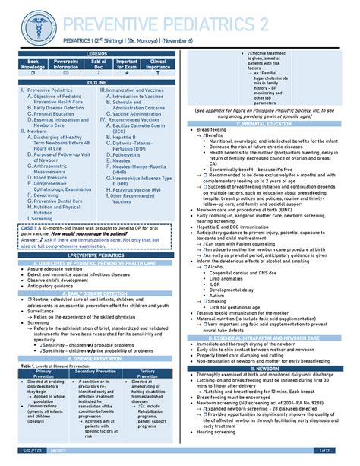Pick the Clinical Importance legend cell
159,63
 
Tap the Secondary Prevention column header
96,371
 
